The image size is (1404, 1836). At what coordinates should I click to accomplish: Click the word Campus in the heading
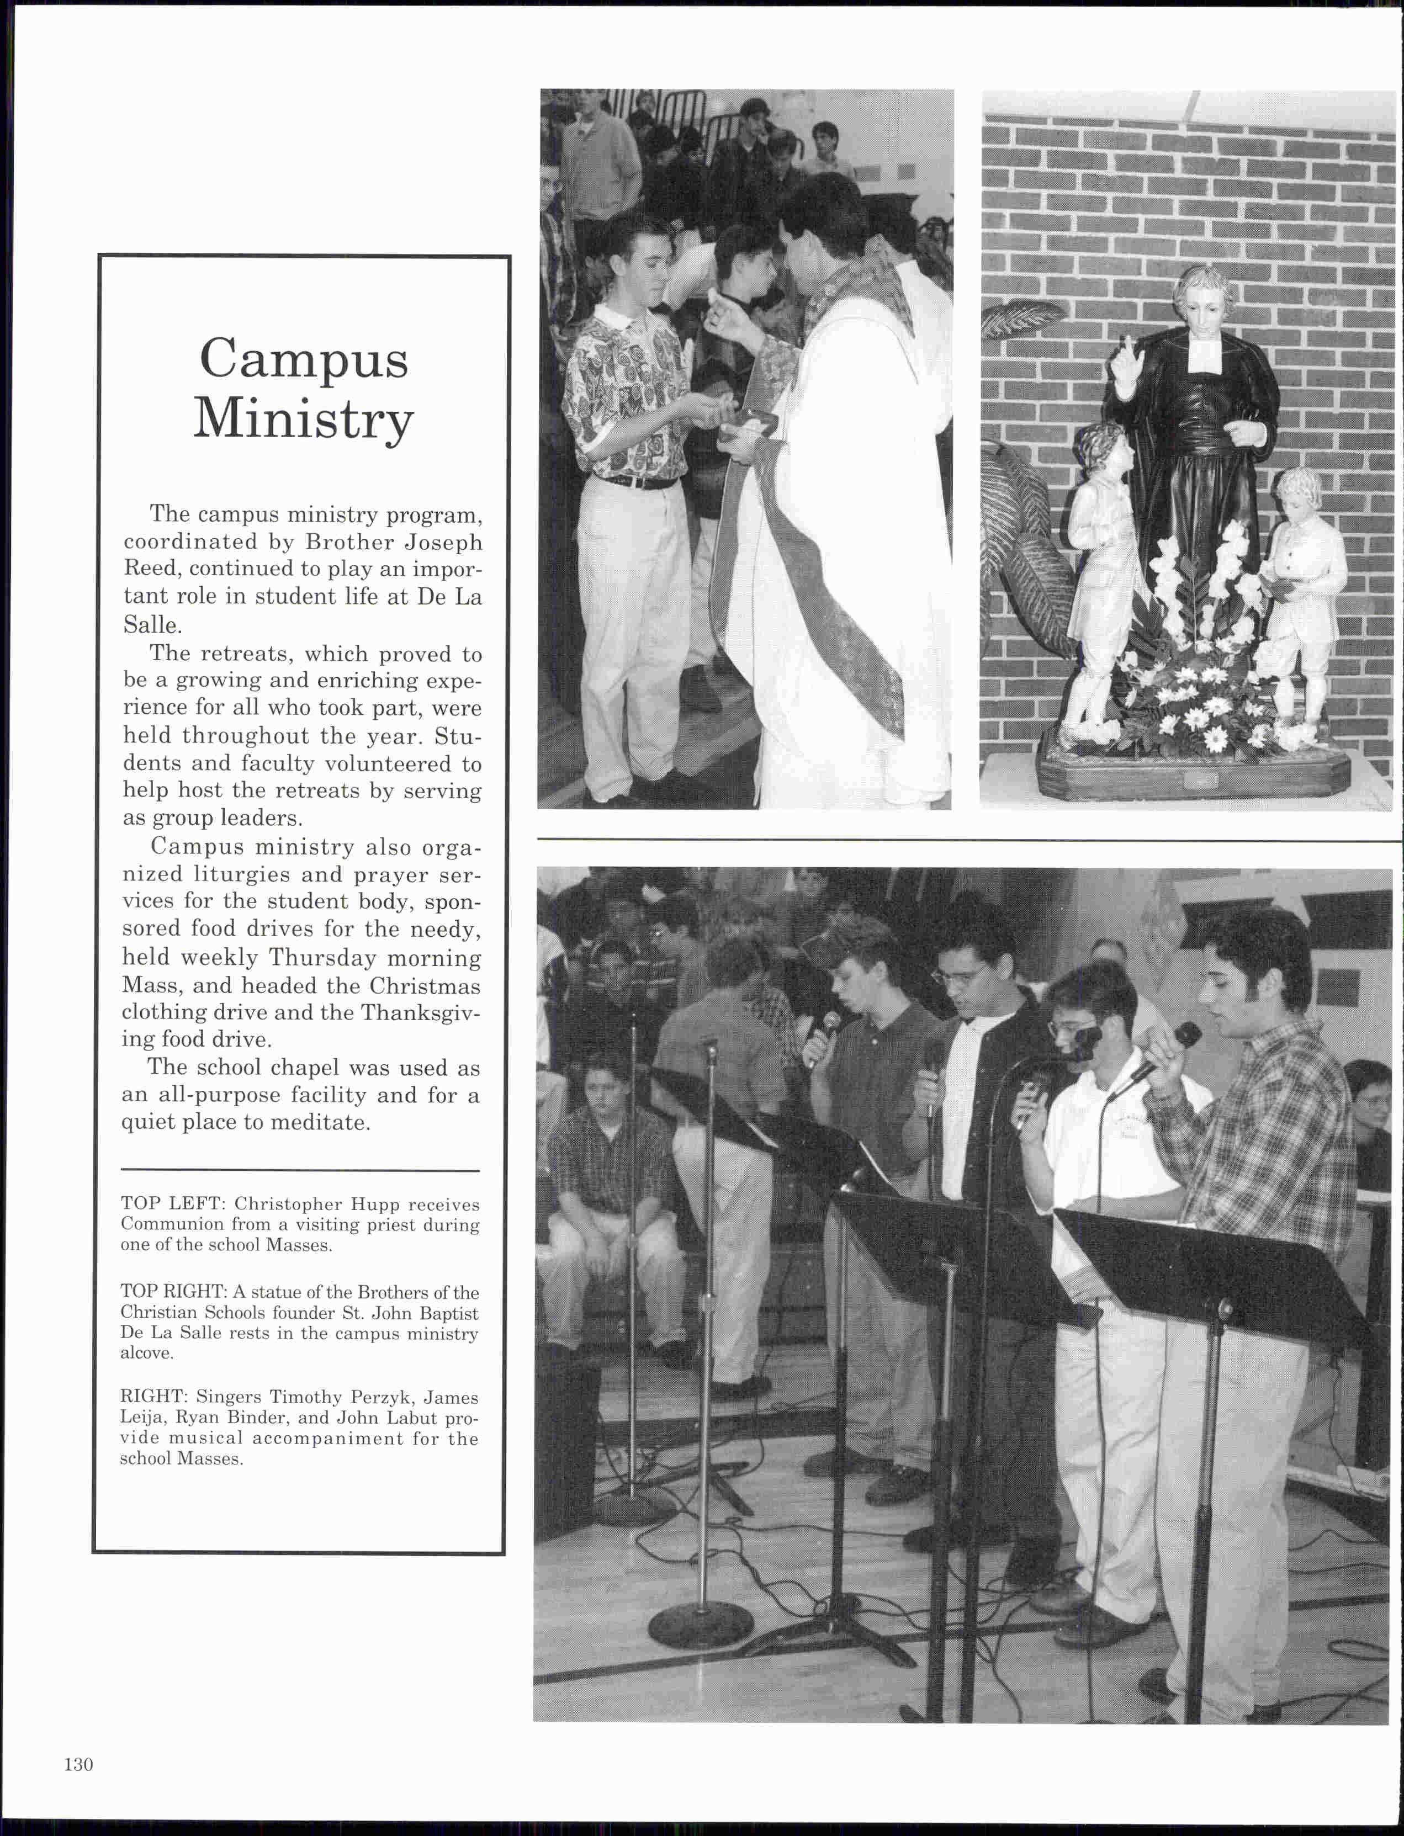click(x=303, y=360)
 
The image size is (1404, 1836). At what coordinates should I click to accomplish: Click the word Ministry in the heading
click(x=303, y=418)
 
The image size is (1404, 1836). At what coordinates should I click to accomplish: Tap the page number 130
click(x=78, y=1764)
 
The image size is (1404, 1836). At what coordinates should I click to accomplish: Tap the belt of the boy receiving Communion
click(x=635, y=482)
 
